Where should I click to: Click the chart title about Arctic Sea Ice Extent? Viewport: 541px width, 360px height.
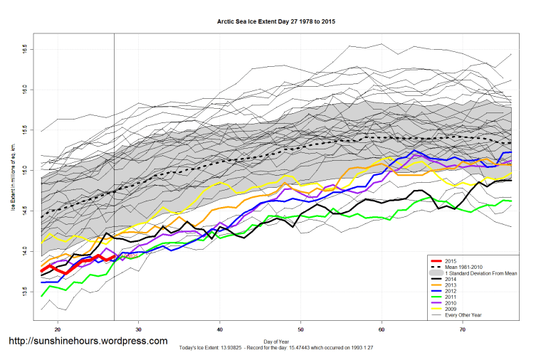click(x=276, y=22)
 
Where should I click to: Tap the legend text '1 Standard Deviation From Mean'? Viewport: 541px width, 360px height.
click(x=478, y=274)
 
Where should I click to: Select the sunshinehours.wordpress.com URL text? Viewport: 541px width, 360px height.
click(x=88, y=342)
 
